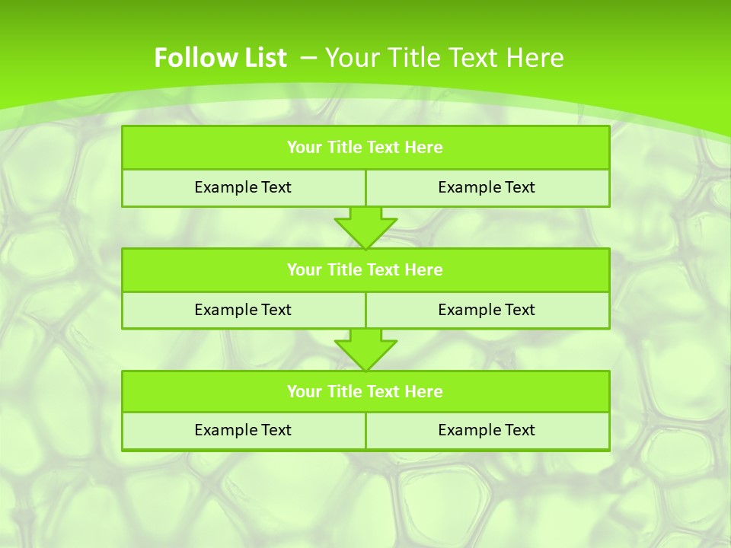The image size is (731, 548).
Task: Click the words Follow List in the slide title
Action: click(x=220, y=58)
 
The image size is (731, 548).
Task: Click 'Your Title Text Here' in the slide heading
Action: click(x=445, y=58)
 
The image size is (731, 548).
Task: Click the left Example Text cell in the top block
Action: click(x=243, y=187)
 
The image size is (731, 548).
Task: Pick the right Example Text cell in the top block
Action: click(x=487, y=187)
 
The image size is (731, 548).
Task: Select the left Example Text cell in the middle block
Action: click(x=243, y=310)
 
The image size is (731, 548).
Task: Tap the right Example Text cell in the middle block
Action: click(x=487, y=310)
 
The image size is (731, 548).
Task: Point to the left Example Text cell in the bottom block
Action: click(x=243, y=430)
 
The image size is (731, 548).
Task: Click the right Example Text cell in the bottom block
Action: click(x=487, y=430)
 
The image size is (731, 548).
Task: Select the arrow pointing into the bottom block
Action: click(x=365, y=349)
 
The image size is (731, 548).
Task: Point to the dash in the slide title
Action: click(x=309, y=57)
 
